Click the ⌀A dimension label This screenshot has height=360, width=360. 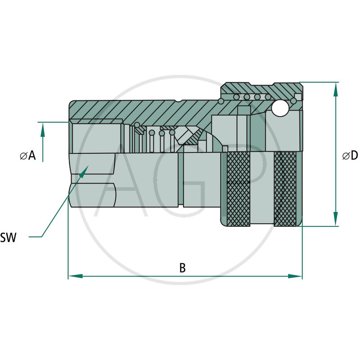pyautogui.click(x=28, y=156)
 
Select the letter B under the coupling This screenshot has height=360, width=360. pyautogui.click(x=182, y=268)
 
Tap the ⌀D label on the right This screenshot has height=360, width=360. pyautogui.click(x=350, y=156)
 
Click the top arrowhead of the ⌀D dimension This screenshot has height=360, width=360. pyautogui.click(x=335, y=88)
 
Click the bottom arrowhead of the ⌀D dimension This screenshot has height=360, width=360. pyautogui.click(x=335, y=220)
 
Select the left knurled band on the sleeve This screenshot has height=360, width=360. pyautogui.click(x=238, y=189)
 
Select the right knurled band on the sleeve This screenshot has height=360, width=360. pyautogui.click(x=285, y=189)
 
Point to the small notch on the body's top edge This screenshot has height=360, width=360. pyautogui.click(x=180, y=101)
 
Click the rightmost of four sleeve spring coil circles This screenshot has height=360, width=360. pyautogui.click(x=268, y=97)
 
